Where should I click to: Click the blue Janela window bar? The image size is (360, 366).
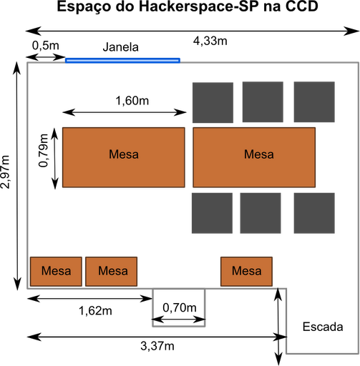tap(122, 61)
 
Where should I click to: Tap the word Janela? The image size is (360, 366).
tap(121, 47)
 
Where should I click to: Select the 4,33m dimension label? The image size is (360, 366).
tap(210, 41)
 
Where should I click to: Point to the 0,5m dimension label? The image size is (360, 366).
tap(46, 46)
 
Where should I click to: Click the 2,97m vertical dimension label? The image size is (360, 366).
tap(5, 172)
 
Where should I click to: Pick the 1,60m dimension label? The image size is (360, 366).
tap(132, 101)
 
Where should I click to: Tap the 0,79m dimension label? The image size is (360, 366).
tap(44, 151)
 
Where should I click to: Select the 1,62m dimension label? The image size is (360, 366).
tap(95, 311)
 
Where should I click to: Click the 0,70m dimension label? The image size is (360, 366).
tap(180, 308)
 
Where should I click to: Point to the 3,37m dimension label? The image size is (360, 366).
tap(157, 346)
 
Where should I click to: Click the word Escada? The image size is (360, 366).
tap(323, 327)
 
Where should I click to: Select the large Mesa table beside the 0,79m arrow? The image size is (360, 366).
tap(124, 157)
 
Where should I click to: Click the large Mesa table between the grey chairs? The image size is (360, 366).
tap(254, 157)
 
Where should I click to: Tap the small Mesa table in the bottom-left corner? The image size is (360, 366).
tap(56, 272)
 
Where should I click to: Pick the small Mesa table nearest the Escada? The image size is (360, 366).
tap(246, 272)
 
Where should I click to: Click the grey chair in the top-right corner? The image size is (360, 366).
tap(314, 102)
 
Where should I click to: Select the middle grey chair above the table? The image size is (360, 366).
tap(263, 102)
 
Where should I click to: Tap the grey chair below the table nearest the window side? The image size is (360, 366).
tap(212, 213)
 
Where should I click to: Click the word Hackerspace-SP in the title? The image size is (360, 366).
tap(196, 6)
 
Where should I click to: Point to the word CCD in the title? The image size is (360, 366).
tap(302, 6)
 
